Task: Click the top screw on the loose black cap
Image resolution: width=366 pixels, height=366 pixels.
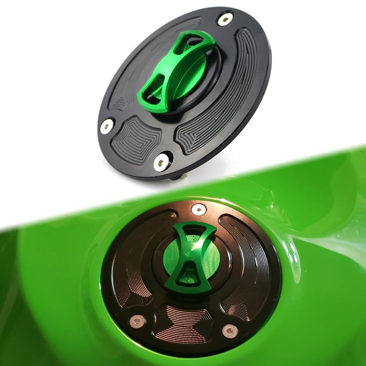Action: coord(225,19)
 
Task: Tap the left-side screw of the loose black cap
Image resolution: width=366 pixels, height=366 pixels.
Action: coord(107,126)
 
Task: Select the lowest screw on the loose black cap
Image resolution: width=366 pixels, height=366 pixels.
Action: coord(161,162)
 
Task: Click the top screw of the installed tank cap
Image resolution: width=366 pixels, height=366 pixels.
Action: coord(199,209)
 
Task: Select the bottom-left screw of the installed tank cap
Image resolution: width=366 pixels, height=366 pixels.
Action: coord(137,321)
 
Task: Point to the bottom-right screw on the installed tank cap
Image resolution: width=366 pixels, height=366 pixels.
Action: coord(230,331)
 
